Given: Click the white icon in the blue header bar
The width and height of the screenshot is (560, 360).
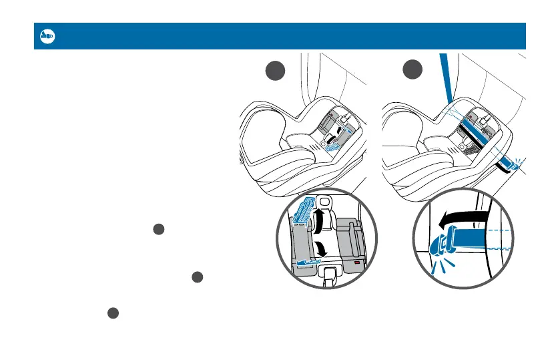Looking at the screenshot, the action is [x=47, y=36].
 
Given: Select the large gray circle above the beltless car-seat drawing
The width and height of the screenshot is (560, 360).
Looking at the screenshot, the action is [x=272, y=70].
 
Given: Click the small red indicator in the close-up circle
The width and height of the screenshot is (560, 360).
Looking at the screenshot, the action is [x=358, y=264].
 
